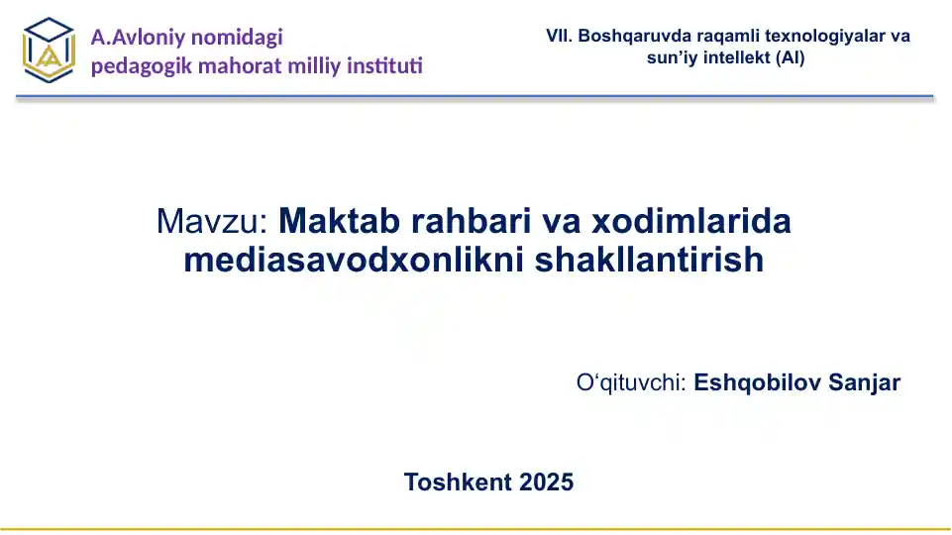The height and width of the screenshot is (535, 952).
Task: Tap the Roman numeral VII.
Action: coord(559,36)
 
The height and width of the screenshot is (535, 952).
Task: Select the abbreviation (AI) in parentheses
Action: coord(791,57)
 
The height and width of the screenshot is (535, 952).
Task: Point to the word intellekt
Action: coord(733,57)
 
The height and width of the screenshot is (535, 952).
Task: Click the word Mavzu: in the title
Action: coord(212,221)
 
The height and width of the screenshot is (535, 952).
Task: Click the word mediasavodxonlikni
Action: coord(354,260)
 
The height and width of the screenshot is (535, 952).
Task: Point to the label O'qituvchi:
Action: coord(631,382)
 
